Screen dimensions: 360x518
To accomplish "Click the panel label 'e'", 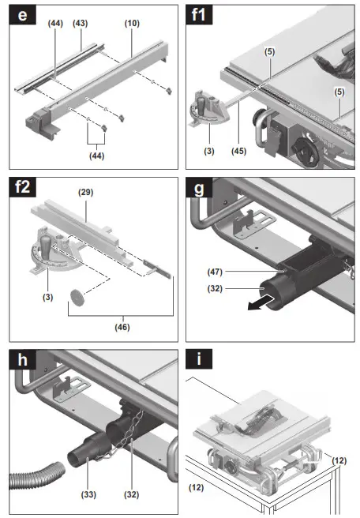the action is [22, 15].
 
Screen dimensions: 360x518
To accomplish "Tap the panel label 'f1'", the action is [199, 15].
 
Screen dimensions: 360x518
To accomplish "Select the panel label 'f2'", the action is [22, 187].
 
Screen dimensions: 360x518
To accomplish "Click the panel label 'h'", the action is [22, 359].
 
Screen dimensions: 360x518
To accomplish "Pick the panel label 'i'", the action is [199, 359].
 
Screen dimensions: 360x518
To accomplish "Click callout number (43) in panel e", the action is [81, 24].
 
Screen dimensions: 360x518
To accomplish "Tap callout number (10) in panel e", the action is [132, 24].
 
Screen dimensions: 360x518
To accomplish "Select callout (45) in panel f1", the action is [238, 151].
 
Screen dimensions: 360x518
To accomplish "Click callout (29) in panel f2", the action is [86, 192].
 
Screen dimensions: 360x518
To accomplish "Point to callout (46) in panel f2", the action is [122, 327].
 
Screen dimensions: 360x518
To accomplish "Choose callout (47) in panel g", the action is [215, 272].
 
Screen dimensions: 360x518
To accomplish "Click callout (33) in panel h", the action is [88, 494].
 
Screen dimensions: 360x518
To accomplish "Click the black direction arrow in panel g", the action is [261, 303].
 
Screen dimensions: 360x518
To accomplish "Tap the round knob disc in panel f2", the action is [77, 296].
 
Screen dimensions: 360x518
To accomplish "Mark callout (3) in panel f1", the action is [209, 151].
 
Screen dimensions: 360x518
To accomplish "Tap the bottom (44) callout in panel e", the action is [97, 156].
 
